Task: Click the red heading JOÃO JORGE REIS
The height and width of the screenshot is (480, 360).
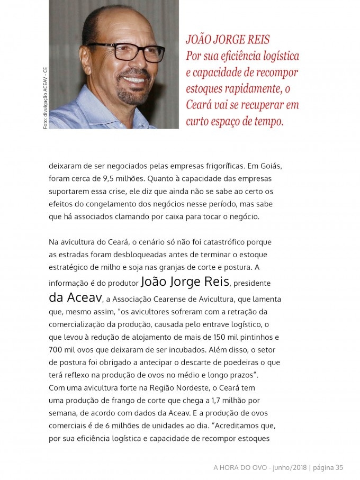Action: click(x=228, y=40)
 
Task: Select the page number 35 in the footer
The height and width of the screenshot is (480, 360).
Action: click(x=339, y=467)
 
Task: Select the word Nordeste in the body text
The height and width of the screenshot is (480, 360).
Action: click(x=189, y=387)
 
